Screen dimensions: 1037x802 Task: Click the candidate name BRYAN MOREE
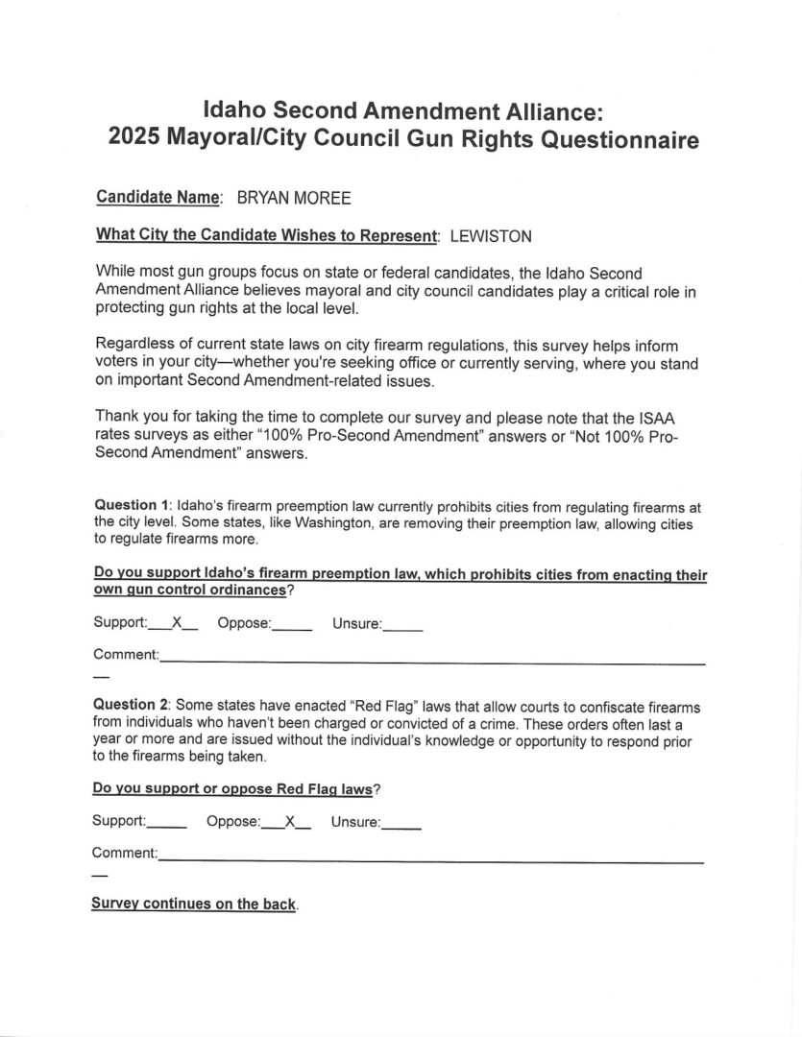tap(293, 198)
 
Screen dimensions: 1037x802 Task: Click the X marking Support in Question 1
tap(177, 622)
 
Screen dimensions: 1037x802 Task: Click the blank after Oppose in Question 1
tap(292, 625)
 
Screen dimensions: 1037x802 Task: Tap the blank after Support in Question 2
tap(167, 824)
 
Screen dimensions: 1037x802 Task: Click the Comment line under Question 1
tap(432, 661)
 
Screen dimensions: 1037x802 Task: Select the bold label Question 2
tap(131, 704)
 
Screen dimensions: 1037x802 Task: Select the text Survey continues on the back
tap(193, 904)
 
